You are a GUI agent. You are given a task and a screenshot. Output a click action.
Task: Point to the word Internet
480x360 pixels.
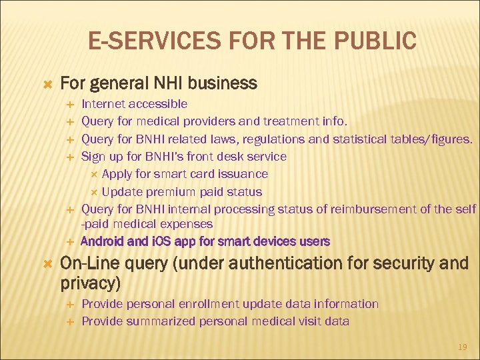pos(103,104)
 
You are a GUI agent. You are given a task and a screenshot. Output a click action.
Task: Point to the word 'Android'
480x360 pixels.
pos(101,241)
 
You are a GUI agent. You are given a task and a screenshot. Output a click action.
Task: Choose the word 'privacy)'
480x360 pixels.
pos(91,283)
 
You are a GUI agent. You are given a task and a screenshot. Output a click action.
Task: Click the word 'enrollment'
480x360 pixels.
pos(209,304)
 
